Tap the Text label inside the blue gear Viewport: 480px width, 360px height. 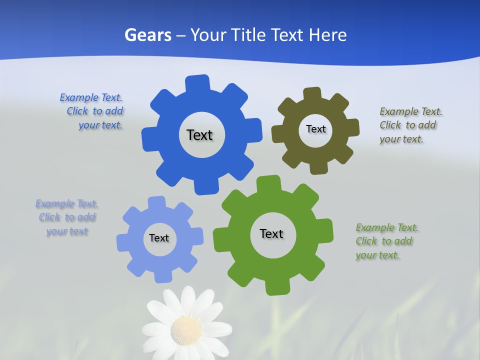pyautogui.click(x=199, y=135)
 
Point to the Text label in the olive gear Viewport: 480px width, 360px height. pyautogui.click(x=315, y=129)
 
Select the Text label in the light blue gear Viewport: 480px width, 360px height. pyautogui.click(x=159, y=238)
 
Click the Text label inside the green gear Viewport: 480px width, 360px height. pyautogui.click(x=271, y=233)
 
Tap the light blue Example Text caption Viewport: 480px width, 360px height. pyautogui.click(x=67, y=217)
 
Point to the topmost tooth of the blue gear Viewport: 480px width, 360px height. pyautogui.click(x=197, y=83)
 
